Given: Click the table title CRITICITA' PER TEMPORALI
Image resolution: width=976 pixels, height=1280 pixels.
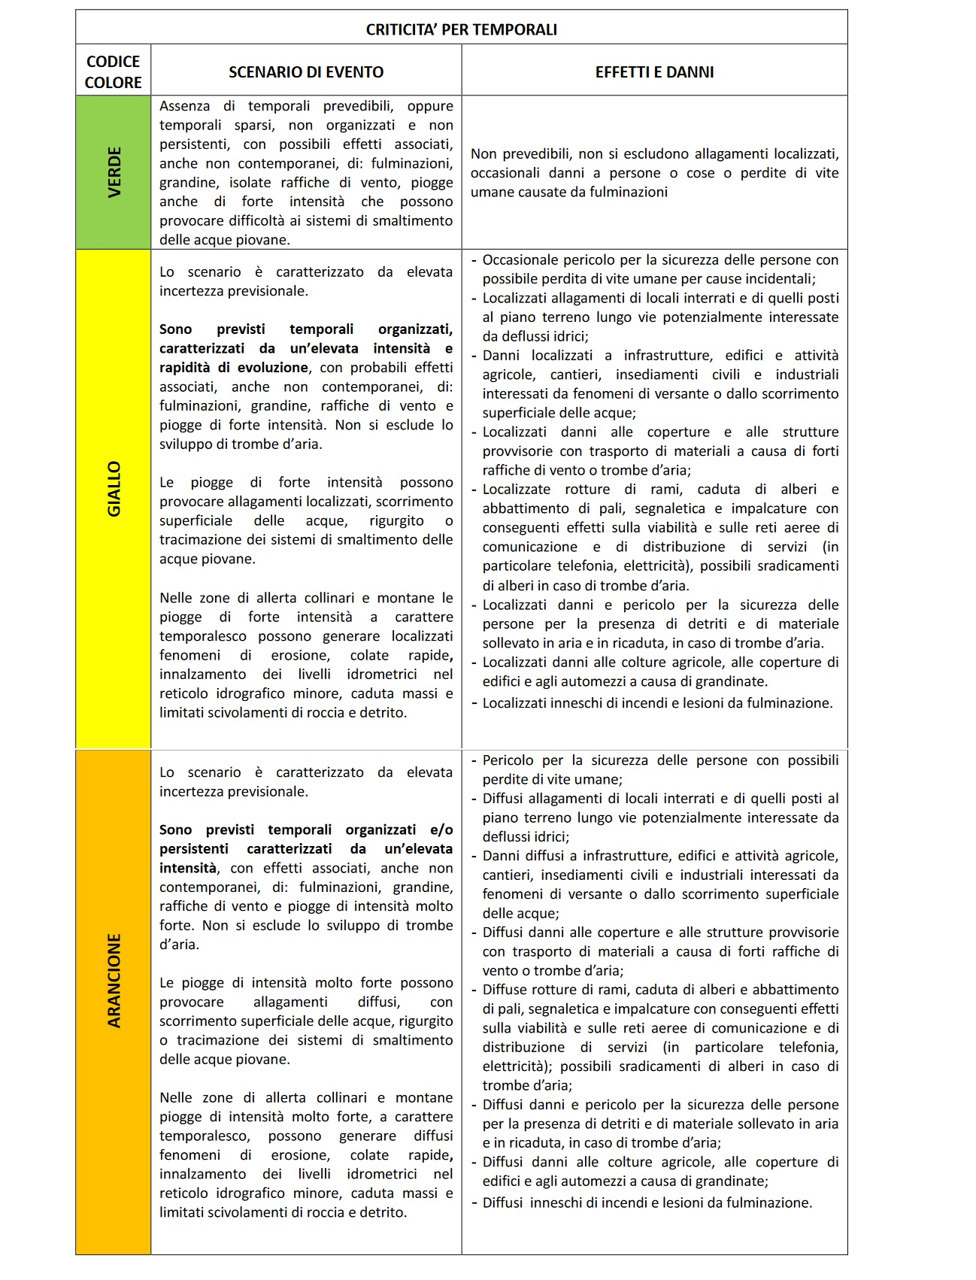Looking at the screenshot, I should click(461, 30).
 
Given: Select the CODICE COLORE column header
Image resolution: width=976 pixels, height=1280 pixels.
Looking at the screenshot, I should click(113, 72).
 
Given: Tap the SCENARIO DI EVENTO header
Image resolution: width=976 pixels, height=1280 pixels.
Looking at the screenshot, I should click(306, 72).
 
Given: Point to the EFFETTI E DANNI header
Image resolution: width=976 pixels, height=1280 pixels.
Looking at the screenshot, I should click(654, 72).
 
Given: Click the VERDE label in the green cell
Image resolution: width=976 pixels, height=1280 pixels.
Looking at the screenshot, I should click(114, 173).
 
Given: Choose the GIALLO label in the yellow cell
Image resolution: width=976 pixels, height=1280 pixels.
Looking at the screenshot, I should click(114, 489).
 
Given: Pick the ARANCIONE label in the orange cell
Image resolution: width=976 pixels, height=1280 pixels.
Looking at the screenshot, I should click(114, 981).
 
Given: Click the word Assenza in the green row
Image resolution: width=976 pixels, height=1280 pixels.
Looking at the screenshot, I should click(185, 106).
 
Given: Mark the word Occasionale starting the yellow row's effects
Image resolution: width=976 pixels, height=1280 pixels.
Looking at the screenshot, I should click(526, 260).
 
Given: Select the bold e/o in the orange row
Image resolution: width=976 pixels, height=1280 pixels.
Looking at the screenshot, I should click(441, 830).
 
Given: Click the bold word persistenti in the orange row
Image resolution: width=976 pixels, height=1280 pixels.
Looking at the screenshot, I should click(193, 849).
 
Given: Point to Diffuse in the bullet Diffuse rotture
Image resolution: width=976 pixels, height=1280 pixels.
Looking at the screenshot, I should click(507, 990).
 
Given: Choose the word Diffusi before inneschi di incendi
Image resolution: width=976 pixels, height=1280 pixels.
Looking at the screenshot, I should click(502, 1203).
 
